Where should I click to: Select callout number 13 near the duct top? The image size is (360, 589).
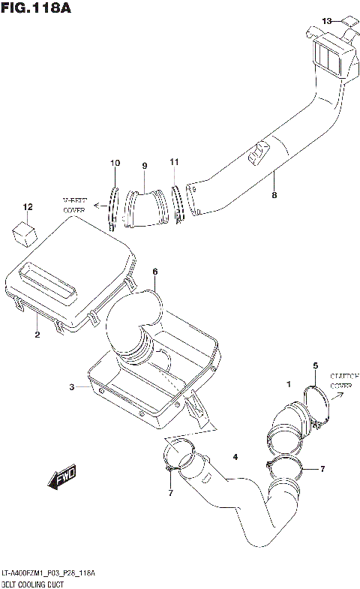[326, 20]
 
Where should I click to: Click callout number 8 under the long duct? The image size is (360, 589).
[274, 197]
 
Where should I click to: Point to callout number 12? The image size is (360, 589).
[28, 206]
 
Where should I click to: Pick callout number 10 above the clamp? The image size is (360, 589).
[115, 163]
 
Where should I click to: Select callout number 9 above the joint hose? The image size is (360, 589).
[144, 166]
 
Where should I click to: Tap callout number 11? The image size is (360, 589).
[174, 162]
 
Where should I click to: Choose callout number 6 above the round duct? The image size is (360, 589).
[154, 271]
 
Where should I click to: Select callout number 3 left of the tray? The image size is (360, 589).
[72, 387]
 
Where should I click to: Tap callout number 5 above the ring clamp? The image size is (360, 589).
[315, 365]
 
